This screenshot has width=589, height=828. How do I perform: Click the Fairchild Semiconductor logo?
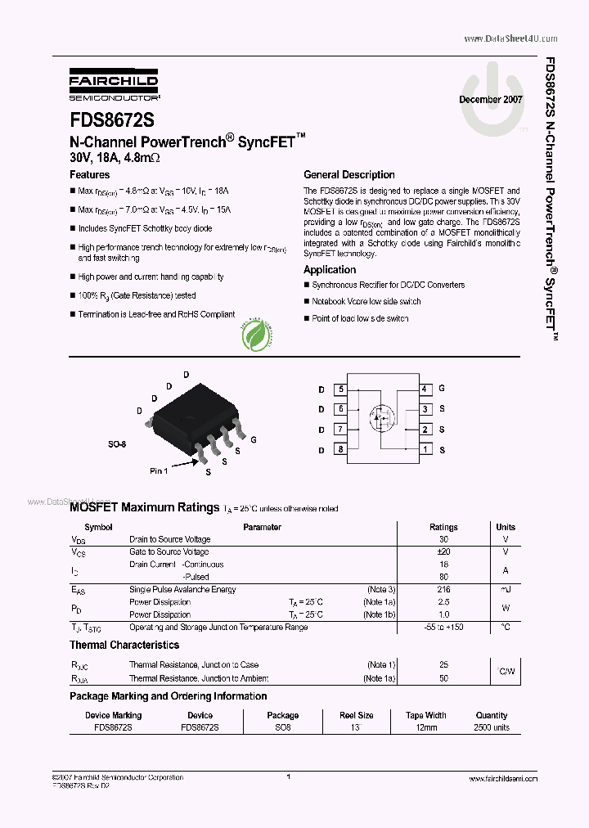pyautogui.click(x=114, y=84)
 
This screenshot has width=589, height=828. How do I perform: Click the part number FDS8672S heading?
pyautogui.click(x=111, y=120)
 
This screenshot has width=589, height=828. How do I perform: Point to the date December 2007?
pyautogui.click(x=491, y=99)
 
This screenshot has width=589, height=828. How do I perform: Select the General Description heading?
pyautogui.click(x=349, y=174)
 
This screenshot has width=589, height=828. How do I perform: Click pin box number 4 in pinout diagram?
pyautogui.click(x=425, y=389)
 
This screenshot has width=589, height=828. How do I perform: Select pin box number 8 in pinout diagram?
pyautogui.click(x=340, y=449)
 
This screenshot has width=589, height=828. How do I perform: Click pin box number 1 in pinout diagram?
pyautogui.click(x=425, y=449)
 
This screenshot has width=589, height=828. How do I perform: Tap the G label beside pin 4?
pyautogui.click(x=442, y=389)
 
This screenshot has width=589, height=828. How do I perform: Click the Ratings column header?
pyautogui.click(x=444, y=527)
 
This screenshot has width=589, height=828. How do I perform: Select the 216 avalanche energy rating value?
pyautogui.click(x=444, y=589)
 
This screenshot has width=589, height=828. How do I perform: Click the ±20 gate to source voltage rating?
pyautogui.click(x=444, y=552)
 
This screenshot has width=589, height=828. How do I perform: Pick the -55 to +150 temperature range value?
pyautogui.click(x=444, y=627)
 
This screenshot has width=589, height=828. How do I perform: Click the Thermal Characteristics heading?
pyautogui.click(x=124, y=645)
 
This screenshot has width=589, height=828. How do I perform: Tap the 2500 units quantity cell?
pyautogui.click(x=492, y=727)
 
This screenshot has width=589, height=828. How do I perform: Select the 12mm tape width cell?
pyautogui.click(x=426, y=727)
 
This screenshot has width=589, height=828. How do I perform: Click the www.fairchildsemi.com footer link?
pyautogui.click(x=504, y=779)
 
